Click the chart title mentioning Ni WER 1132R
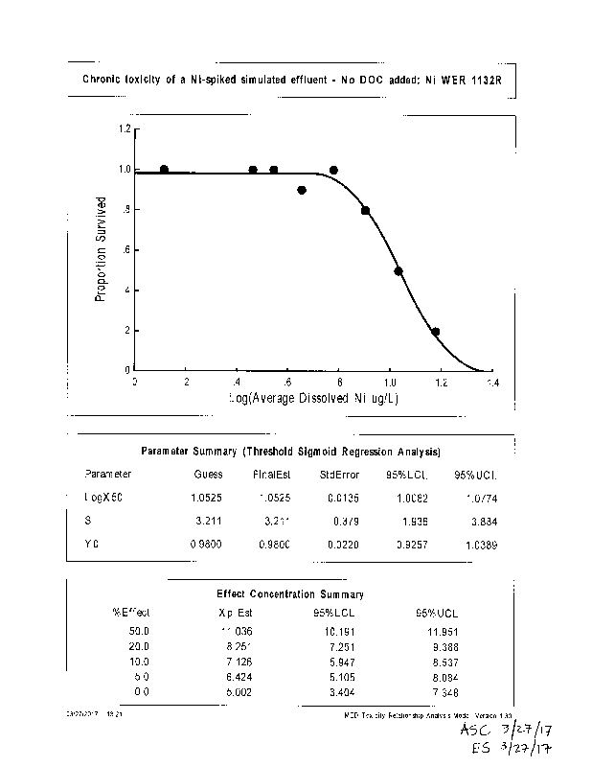(x=292, y=81)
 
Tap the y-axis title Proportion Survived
(x=101, y=249)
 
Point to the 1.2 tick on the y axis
(x=125, y=128)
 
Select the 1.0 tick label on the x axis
(x=390, y=382)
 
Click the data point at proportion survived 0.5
(x=398, y=271)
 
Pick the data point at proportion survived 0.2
(x=435, y=332)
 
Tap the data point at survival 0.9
(x=302, y=190)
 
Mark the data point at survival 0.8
(x=365, y=210)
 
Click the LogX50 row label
(x=104, y=498)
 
